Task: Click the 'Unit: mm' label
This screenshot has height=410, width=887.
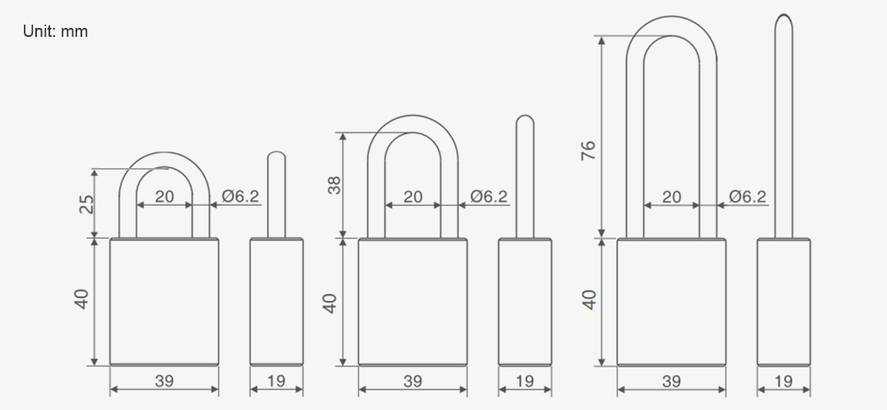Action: click(56, 31)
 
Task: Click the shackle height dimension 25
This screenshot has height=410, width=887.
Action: click(85, 204)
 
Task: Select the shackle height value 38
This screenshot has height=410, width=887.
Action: click(334, 185)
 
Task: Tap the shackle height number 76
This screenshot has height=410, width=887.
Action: click(588, 150)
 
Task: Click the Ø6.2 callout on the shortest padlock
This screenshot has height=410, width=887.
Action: click(241, 196)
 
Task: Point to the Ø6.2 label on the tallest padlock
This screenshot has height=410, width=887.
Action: click(747, 196)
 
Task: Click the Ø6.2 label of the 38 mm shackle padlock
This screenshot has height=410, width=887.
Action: click(489, 196)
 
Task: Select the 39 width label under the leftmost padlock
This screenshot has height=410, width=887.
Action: click(164, 381)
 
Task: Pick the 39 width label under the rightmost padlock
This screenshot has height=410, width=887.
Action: click(672, 381)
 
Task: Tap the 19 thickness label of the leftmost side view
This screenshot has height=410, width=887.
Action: click(276, 381)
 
